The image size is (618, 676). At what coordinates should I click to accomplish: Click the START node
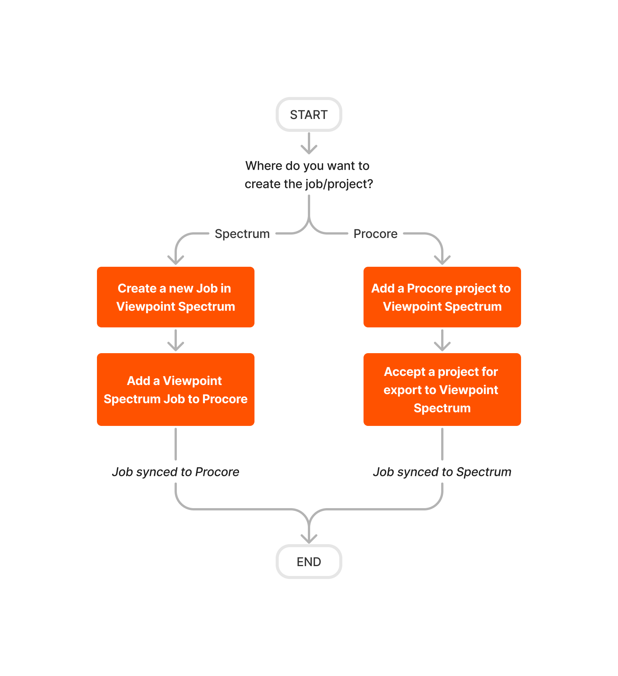coord(309,114)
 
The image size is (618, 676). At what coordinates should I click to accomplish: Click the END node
coord(309,562)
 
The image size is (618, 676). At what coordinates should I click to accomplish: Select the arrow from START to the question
coord(309,143)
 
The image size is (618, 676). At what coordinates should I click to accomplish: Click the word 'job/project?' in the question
coord(350,184)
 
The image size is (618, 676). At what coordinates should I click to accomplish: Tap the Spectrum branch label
coord(242,234)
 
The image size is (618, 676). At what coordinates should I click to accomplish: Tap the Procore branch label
coord(375,234)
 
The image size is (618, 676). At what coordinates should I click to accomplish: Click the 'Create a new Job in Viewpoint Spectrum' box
coord(175,297)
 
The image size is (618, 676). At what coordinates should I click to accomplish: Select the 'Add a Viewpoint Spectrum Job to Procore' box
coord(175,390)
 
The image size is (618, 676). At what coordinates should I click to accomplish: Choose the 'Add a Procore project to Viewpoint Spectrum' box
coord(442,297)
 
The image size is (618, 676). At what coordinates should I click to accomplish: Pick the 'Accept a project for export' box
coord(442,390)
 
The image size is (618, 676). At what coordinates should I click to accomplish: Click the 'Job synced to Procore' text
coord(175,472)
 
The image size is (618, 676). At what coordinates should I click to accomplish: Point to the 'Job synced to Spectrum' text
coord(442,472)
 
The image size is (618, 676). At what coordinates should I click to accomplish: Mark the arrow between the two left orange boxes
coord(176,340)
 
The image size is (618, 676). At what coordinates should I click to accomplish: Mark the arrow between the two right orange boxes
coord(442,340)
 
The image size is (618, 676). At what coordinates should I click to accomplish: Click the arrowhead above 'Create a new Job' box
coord(176,260)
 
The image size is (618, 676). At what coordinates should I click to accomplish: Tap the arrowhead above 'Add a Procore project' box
coord(442,260)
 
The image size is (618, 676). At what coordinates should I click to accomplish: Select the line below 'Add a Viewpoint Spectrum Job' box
coord(176,444)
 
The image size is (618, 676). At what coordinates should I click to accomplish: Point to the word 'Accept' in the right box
coord(404,372)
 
